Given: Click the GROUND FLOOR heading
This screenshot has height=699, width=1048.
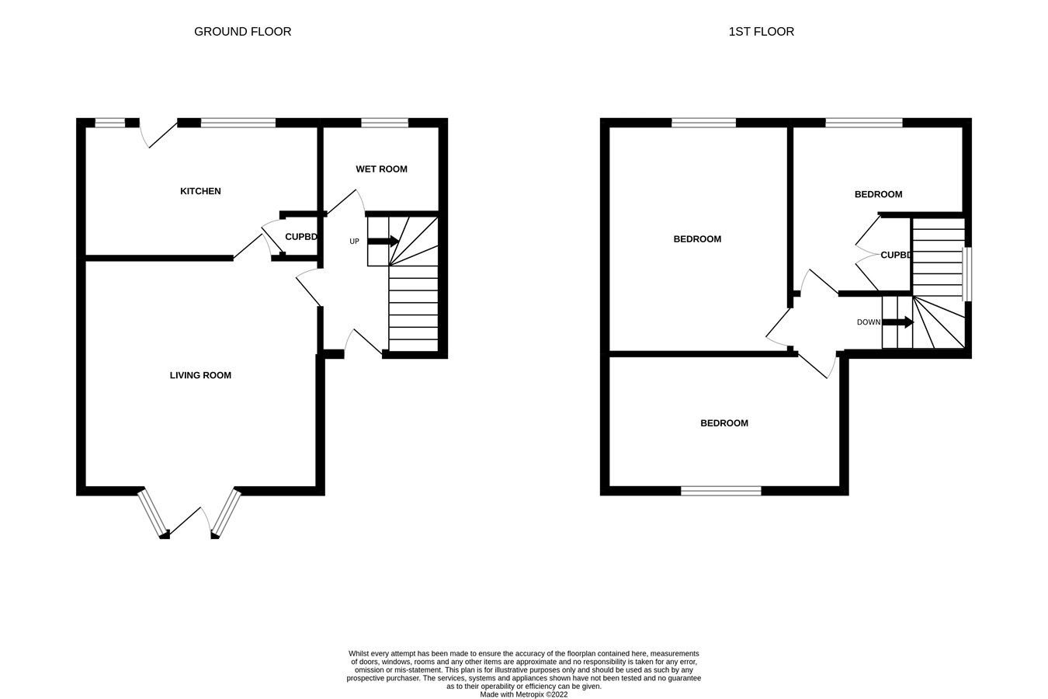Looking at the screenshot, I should pos(242,32).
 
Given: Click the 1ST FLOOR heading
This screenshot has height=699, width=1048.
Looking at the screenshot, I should pos(761,32).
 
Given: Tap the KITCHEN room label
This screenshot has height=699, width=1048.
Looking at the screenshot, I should pos(200,191).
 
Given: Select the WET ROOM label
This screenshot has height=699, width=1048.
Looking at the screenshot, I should pos(381,169).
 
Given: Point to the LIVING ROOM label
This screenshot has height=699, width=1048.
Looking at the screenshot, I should pos(200,375).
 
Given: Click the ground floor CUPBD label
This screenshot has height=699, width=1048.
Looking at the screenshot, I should pos(301,237).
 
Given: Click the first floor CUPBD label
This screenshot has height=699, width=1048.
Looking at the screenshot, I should pos(895,255).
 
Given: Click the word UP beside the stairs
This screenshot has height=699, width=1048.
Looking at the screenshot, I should pos(354,242).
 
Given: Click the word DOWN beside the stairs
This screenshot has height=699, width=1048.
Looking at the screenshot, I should pos(869,322).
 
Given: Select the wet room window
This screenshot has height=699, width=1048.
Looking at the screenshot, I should pos(384,122).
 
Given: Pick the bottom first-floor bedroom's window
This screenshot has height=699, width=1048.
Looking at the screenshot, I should pos(721,490).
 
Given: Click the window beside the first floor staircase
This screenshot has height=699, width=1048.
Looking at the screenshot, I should pos(967,274).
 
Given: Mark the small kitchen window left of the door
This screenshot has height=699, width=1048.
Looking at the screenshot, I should pos(109,122).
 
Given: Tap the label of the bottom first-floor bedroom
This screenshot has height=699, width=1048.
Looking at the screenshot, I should pos(724,423).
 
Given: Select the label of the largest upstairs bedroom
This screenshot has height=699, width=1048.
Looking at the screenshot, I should pos(696,239).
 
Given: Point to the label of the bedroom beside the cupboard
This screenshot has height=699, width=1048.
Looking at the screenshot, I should pos(878,194).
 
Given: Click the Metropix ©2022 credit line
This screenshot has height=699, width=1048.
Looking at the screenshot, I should pos(524,694).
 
